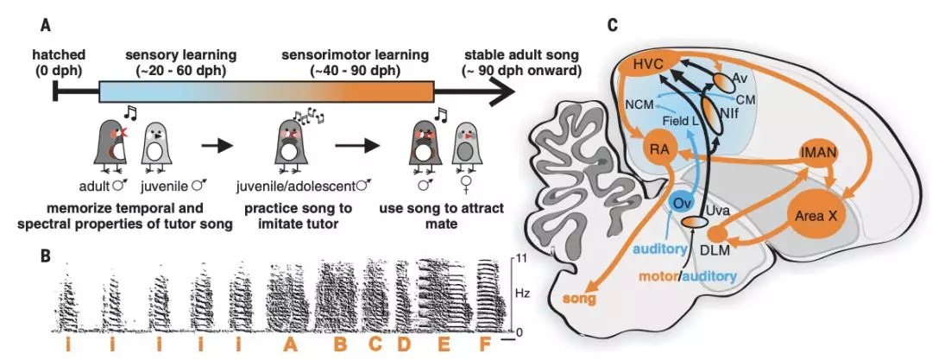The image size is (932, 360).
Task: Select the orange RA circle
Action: coord(663,149)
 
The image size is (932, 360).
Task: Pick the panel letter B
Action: coord(43,256)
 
